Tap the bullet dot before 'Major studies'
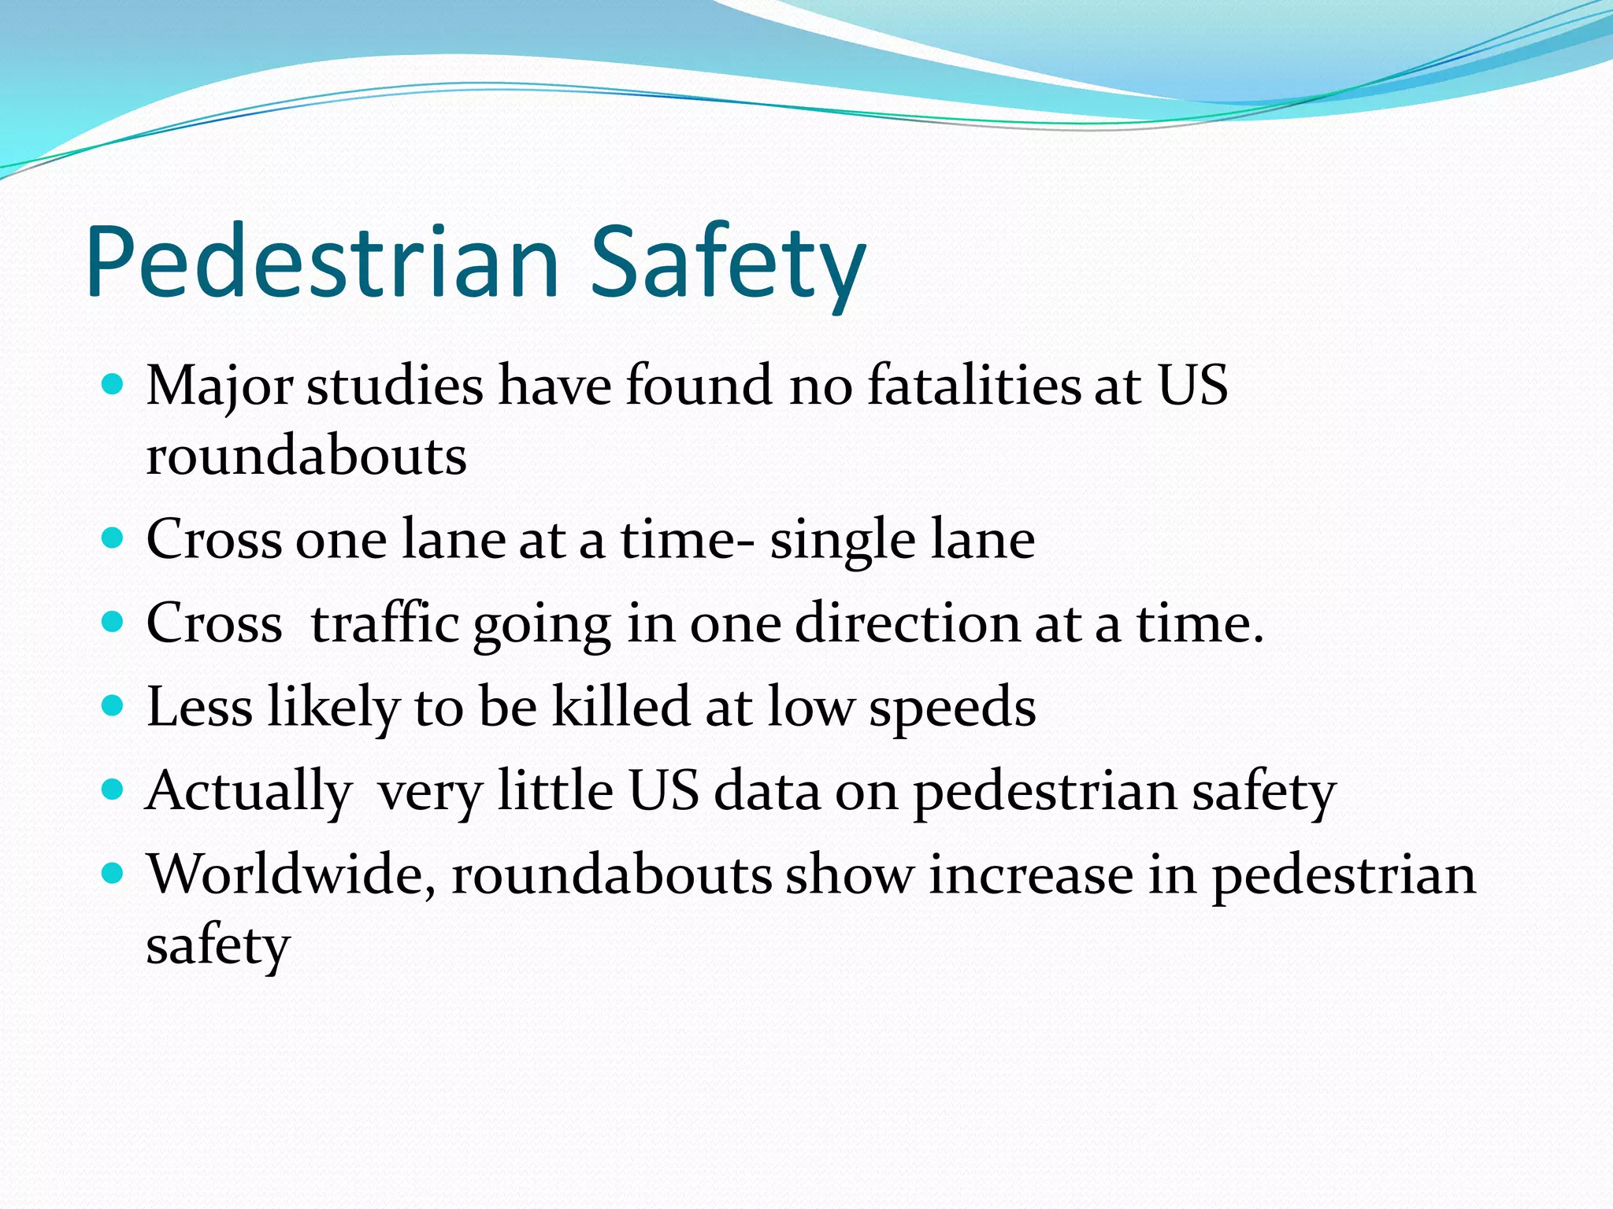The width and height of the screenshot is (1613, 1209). point(113,385)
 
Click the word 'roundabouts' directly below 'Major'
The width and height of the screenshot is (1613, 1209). point(306,456)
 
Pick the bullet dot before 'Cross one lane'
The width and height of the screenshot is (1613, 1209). point(113,538)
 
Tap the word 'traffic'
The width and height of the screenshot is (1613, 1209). point(384,623)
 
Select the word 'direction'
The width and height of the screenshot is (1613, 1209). point(907,623)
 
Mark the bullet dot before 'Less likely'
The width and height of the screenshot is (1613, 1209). point(113,705)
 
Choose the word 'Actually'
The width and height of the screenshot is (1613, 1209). point(248,790)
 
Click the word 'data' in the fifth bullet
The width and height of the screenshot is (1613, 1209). point(766,790)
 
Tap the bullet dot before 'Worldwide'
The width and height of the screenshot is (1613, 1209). point(113,873)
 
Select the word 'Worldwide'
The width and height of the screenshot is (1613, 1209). point(291,874)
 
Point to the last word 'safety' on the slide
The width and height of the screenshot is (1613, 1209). point(218,945)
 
